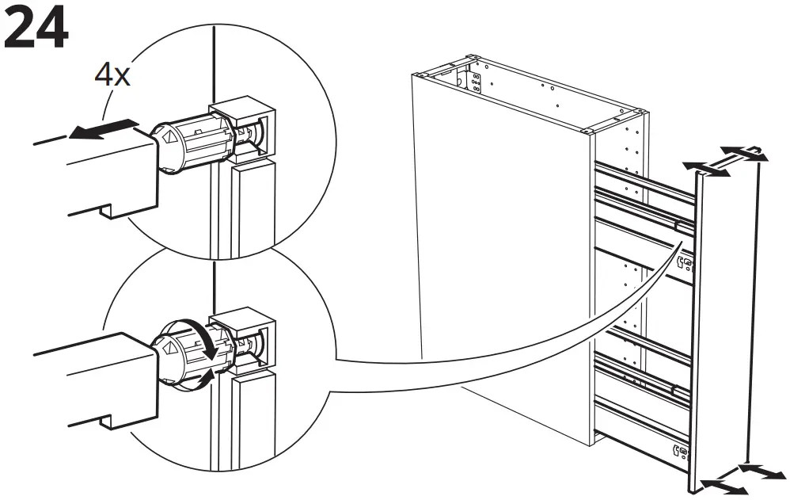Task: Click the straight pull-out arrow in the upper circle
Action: click(103, 129)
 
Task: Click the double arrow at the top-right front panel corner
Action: click(743, 153)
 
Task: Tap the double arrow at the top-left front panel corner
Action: click(706, 165)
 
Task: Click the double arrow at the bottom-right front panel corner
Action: click(761, 471)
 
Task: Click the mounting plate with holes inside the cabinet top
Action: click(475, 82)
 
